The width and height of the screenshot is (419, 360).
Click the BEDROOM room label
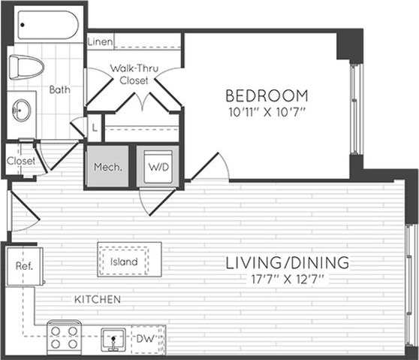click(x=267, y=95)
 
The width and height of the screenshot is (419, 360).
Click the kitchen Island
click(x=123, y=262)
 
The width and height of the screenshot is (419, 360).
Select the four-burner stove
click(x=64, y=337)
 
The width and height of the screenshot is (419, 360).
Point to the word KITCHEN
click(x=97, y=300)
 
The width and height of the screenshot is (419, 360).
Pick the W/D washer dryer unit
click(x=157, y=167)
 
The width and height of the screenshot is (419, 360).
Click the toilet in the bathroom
click(x=27, y=66)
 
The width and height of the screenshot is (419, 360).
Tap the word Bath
click(x=59, y=89)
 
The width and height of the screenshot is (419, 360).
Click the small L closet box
click(x=94, y=128)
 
